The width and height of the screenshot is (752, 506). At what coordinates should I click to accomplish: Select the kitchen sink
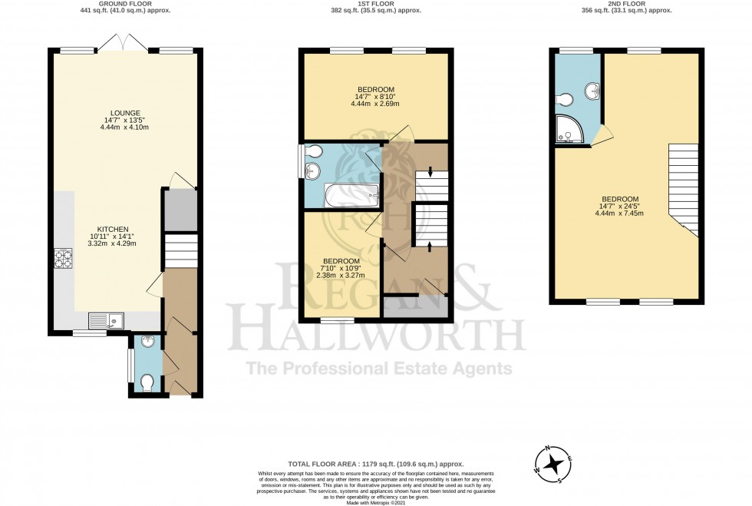104,319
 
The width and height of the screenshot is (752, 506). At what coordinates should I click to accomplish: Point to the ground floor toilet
147,380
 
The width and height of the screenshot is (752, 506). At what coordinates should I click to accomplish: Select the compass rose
552,463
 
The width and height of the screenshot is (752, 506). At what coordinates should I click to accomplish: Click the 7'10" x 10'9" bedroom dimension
338,272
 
